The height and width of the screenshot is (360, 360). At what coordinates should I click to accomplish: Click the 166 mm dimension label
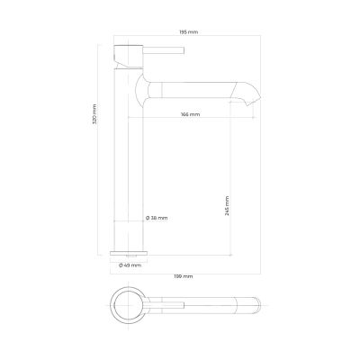click(191, 114)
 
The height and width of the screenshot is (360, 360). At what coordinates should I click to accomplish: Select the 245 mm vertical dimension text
click(227, 206)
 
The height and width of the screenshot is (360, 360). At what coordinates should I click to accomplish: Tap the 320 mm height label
click(94, 114)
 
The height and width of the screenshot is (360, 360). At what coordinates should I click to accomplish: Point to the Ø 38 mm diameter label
click(157, 218)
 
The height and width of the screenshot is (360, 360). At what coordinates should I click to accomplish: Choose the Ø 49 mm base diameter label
click(130, 265)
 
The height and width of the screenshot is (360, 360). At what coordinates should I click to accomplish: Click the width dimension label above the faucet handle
click(189, 32)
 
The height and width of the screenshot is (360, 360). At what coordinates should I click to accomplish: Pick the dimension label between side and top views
click(184, 276)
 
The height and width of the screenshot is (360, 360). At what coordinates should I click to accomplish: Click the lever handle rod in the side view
click(164, 50)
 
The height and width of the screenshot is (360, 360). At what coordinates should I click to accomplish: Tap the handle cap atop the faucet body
click(129, 57)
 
